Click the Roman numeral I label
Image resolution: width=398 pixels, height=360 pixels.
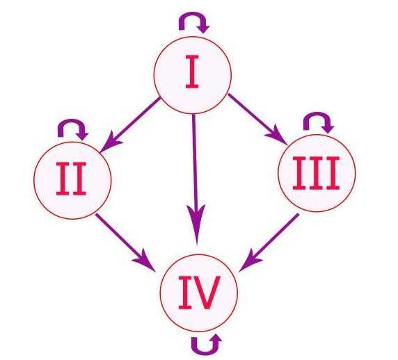point(192,72)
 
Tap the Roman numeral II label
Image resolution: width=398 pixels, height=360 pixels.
point(71,179)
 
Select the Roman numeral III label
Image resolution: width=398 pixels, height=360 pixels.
point(316,173)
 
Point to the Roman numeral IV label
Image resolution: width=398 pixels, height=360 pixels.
point(199,293)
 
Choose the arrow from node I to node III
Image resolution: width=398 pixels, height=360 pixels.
point(257,119)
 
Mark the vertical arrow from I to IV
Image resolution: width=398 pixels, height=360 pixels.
point(196,180)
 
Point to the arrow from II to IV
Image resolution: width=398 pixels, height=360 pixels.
point(126,242)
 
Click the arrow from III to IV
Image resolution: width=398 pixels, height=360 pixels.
point(269,243)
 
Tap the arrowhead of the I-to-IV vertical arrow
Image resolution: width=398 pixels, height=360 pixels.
point(196,224)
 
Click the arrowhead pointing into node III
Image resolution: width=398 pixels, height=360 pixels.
point(278,136)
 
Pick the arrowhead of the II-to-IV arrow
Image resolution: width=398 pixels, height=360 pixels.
point(145,261)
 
